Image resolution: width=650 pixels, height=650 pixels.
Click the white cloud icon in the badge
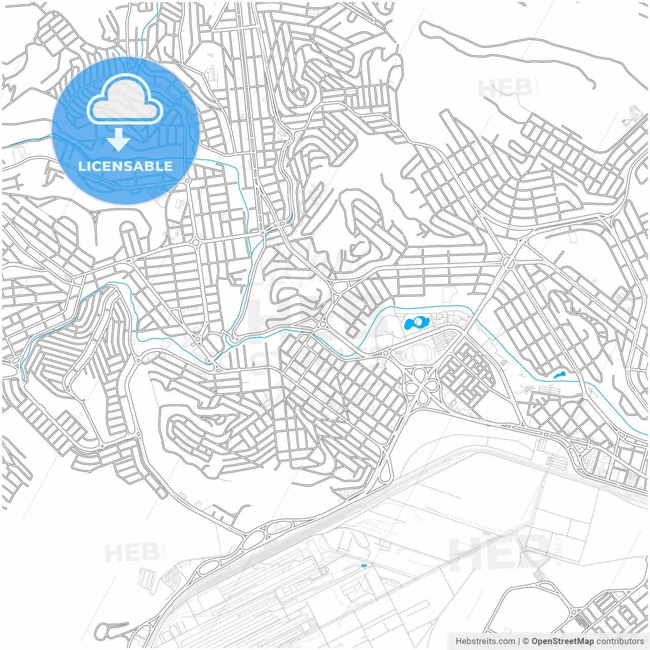[124, 100]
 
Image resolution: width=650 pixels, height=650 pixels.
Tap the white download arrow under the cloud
[119, 139]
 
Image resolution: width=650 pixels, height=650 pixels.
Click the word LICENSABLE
[125, 166]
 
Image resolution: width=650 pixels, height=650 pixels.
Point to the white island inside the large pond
[418, 321]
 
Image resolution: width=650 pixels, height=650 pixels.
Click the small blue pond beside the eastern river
[559, 375]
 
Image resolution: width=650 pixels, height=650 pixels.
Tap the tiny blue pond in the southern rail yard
[363, 566]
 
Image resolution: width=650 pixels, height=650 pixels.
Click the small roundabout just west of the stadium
[386, 352]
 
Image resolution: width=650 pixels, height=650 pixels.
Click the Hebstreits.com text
[485, 641]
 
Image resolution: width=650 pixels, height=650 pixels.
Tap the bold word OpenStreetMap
[563, 641]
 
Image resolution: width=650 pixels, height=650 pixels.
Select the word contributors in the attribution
[620, 641]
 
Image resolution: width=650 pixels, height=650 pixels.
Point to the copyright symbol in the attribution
[526, 641]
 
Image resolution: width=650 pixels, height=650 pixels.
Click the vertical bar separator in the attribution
[519, 641]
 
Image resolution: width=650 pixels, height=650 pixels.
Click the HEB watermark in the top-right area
[505, 88]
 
